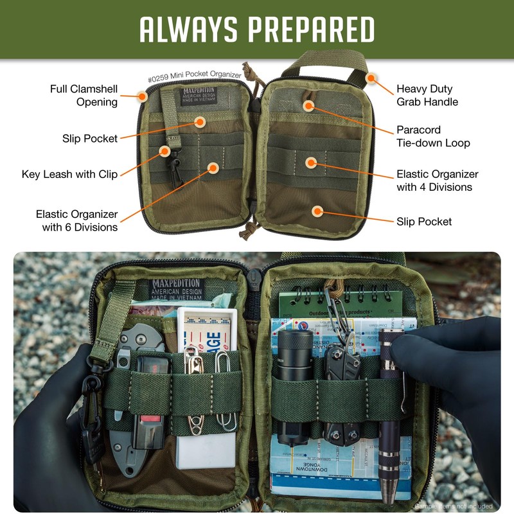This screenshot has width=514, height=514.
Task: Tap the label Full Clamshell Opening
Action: coord(84,95)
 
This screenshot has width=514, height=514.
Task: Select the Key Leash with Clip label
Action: coord(69,174)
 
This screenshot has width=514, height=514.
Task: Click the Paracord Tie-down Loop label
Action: coord(433,136)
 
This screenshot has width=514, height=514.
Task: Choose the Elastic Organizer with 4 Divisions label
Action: coord(437,181)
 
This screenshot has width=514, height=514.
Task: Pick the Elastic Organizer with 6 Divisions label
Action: coord(76,220)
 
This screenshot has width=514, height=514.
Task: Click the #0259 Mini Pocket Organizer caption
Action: coord(194,76)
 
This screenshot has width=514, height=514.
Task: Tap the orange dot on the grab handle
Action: coord(371,78)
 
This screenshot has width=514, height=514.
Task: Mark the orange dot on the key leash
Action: coord(165,152)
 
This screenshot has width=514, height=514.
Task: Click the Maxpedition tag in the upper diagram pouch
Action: coord(199,96)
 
